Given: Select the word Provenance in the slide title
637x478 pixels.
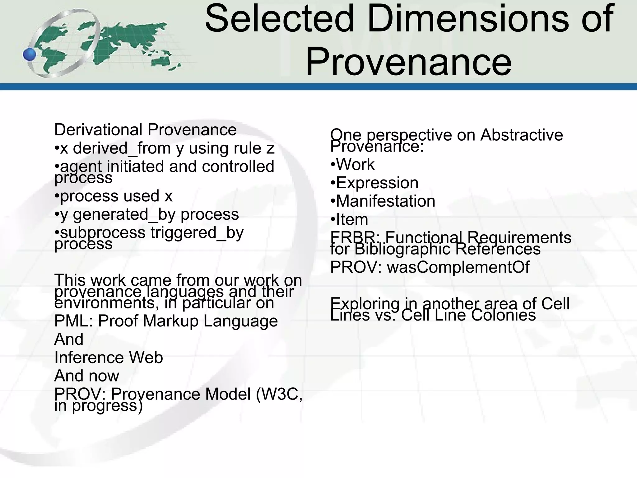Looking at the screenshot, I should tap(408, 62).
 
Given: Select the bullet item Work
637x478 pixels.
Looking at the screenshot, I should tap(355, 165).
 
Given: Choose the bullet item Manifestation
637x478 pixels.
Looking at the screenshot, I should tap(385, 201).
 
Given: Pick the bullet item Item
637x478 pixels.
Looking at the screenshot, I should tap(352, 220).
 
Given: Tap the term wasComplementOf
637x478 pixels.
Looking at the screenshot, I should tap(458, 267).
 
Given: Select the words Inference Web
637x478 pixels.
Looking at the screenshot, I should tap(109, 358).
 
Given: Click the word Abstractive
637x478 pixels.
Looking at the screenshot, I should tap(521, 135).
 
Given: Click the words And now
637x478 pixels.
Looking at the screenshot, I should tap(86, 376).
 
